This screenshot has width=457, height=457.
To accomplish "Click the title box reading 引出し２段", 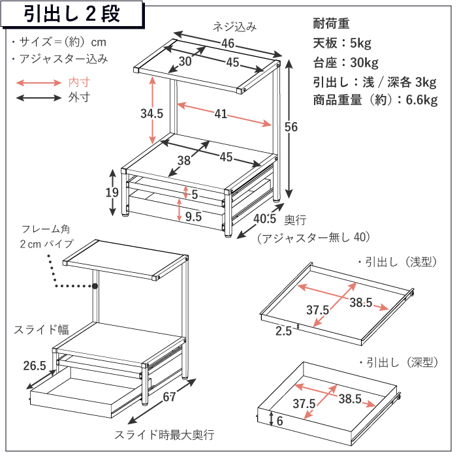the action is [72, 14].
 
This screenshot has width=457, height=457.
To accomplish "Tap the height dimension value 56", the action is [291, 127].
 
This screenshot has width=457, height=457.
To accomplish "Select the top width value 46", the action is [228, 43].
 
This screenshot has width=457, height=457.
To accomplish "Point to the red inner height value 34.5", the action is [151, 114].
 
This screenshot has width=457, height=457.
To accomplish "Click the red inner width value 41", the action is [221, 114].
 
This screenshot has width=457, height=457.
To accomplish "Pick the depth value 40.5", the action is [264, 219].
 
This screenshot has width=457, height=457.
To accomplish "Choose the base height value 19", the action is [112, 193].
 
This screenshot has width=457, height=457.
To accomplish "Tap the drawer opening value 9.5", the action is [193, 217].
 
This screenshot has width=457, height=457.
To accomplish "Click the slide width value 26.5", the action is [35, 366].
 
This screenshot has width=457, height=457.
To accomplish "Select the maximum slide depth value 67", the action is [169, 397].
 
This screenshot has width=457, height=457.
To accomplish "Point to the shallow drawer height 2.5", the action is [283, 331].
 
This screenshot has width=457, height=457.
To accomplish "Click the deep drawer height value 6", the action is [279, 421].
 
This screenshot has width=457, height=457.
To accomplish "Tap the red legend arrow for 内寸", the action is [39, 83].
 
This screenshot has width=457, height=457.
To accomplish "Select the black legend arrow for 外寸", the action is [39, 98].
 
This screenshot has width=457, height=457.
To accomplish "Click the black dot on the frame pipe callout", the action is [95, 286].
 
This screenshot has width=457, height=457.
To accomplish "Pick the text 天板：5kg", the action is [342, 43].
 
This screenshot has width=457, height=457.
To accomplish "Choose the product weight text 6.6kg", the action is [422, 100].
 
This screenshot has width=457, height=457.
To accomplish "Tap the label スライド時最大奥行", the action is [165, 435].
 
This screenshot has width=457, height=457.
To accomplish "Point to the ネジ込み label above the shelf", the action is [234, 27].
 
